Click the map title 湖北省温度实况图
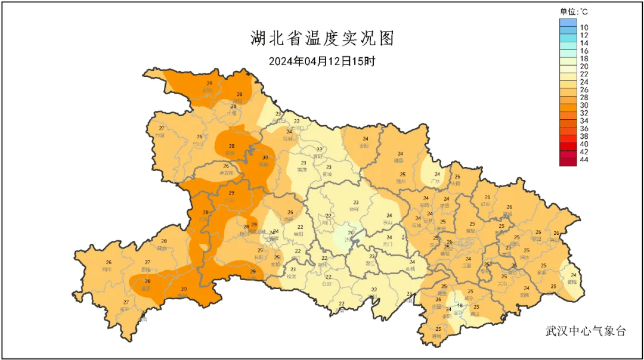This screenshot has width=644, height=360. (322, 39)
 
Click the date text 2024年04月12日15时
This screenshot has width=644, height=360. (321, 61)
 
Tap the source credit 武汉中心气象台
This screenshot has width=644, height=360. (586, 331)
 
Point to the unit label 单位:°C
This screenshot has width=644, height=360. (574, 11)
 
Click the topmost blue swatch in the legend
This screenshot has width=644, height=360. (568, 23)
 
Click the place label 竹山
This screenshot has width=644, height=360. (200, 144)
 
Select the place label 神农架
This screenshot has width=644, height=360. (226, 173)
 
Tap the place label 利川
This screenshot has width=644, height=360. (107, 269)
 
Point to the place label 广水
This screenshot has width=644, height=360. (436, 181)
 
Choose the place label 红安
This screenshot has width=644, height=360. (486, 204)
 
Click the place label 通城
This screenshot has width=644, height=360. (438, 336)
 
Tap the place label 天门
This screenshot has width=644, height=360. (388, 244)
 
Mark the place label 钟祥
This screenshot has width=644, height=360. (355, 209)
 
